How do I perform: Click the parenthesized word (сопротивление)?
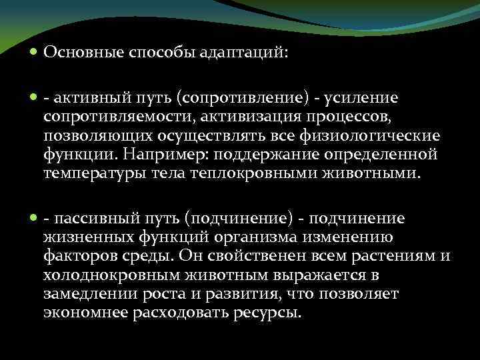243,99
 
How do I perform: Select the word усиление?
361,99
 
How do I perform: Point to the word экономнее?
85,312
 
